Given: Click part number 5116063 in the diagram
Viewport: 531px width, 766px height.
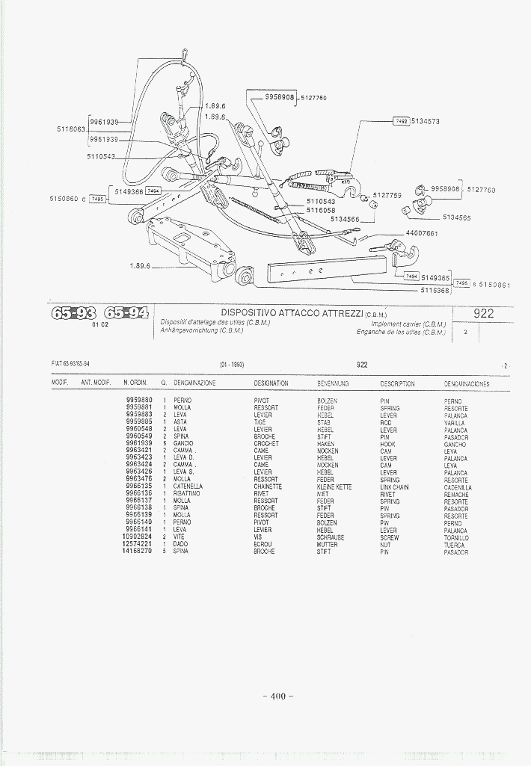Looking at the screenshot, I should (71, 129).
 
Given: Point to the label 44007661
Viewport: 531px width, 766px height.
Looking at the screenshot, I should (421, 234).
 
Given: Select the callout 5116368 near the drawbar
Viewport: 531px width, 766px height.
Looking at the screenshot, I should (435, 290).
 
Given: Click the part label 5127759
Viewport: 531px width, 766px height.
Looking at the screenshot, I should (387, 195).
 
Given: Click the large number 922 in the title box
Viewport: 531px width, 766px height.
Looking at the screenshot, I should (484, 314).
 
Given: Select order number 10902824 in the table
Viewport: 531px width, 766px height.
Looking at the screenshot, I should (137, 537).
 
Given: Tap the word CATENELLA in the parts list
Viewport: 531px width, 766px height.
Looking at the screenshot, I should (188, 487).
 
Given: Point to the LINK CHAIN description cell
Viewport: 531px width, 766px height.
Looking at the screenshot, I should (394, 487).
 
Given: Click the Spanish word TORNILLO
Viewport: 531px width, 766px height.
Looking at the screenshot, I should (455, 537).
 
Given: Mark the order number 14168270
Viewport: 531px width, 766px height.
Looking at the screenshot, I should (137, 551).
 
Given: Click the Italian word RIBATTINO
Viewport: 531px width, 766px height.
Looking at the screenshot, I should (186, 493).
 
